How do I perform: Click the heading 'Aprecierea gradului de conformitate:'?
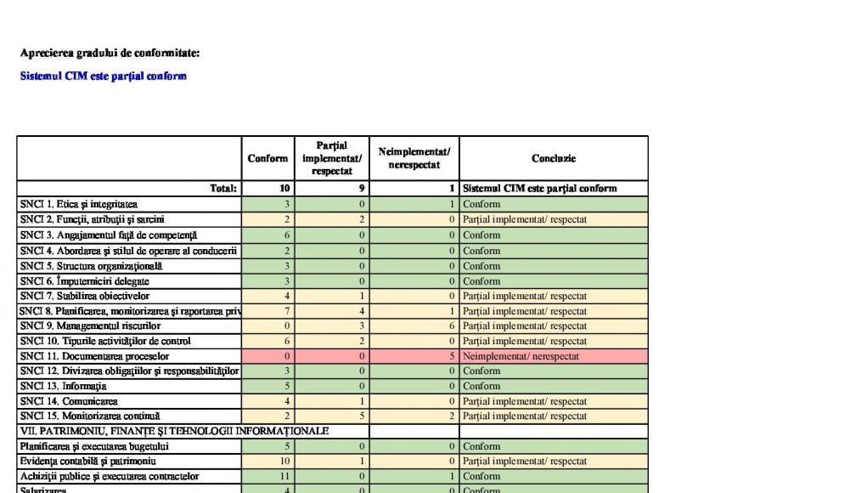(x=110, y=54)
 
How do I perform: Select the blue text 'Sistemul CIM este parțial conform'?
(x=103, y=76)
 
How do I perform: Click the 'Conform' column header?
(x=267, y=158)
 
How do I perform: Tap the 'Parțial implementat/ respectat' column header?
(x=331, y=158)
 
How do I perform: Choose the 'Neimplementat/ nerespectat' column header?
(x=414, y=158)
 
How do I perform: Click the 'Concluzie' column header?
(x=553, y=158)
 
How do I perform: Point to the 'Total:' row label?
(x=223, y=189)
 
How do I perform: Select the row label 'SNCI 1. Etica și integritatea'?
(x=78, y=204)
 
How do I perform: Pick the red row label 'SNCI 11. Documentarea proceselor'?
(x=94, y=356)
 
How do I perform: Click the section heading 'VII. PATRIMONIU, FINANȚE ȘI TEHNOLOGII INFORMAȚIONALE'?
(x=174, y=431)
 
